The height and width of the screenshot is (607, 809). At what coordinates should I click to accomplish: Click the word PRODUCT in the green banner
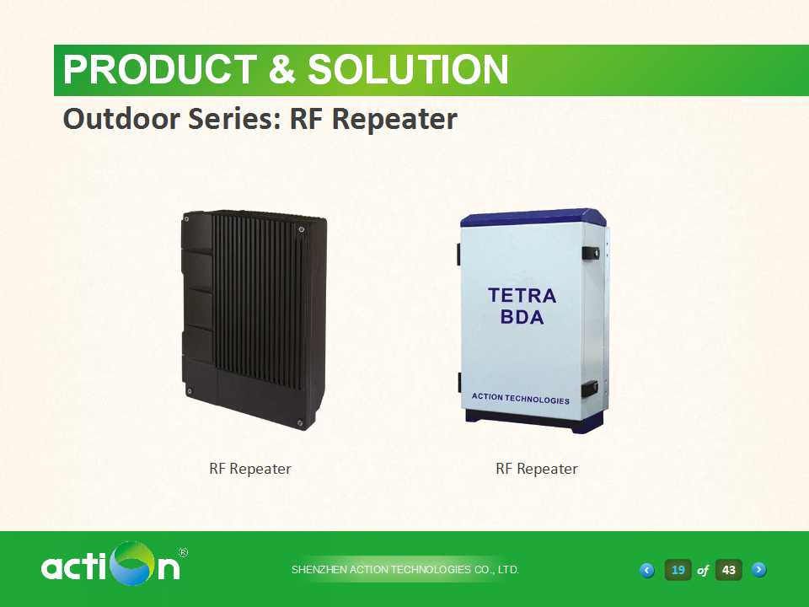[x=159, y=70]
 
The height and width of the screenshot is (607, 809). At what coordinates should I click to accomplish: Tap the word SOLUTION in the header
[x=408, y=70]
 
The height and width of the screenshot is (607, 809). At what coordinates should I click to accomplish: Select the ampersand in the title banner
[x=281, y=70]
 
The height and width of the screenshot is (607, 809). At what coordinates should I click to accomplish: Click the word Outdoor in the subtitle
[x=121, y=118]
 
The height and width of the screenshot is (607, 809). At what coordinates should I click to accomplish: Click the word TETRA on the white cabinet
[x=522, y=296]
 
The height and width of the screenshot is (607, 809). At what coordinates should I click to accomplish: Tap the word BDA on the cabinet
[x=522, y=317]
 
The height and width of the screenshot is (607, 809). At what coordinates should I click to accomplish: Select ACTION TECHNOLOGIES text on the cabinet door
[x=521, y=399]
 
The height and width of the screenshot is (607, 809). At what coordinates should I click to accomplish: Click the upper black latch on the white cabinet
[x=591, y=254]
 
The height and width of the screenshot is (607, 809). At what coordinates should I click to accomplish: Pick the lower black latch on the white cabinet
[x=590, y=389]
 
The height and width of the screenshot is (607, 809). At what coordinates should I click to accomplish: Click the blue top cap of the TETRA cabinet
[x=533, y=218]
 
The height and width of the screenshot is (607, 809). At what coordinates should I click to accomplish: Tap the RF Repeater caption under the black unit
[x=250, y=470]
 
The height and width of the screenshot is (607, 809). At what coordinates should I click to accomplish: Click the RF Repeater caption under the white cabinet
[x=537, y=470]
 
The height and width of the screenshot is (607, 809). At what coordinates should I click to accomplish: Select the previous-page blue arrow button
[x=647, y=571]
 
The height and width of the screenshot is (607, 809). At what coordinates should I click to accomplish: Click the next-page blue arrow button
[x=759, y=570]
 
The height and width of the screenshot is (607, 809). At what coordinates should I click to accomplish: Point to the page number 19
[x=678, y=570]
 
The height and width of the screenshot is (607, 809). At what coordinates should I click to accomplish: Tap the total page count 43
[x=728, y=570]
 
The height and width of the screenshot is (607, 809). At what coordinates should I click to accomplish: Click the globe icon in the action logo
[x=135, y=563]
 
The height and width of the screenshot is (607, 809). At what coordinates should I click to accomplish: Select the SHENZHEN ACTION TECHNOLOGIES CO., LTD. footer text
[x=405, y=570]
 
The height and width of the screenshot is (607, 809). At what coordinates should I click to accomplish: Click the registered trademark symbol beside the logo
[x=183, y=553]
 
